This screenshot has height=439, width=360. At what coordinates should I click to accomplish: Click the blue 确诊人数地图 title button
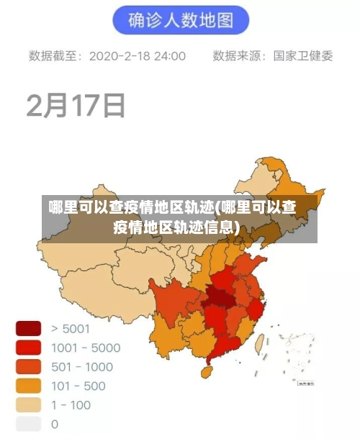(180, 21)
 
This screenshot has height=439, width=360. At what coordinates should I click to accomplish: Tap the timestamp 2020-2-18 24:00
(137, 56)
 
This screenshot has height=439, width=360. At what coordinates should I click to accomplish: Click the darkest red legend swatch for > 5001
(29, 329)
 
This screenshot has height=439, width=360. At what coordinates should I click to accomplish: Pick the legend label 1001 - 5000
(86, 348)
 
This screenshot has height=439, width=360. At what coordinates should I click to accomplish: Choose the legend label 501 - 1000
(82, 366)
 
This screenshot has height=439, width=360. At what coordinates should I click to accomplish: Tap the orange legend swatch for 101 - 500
(29, 385)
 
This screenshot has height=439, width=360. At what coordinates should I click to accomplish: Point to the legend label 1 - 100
(71, 404)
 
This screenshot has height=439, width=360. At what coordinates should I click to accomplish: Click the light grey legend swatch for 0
(29, 423)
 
